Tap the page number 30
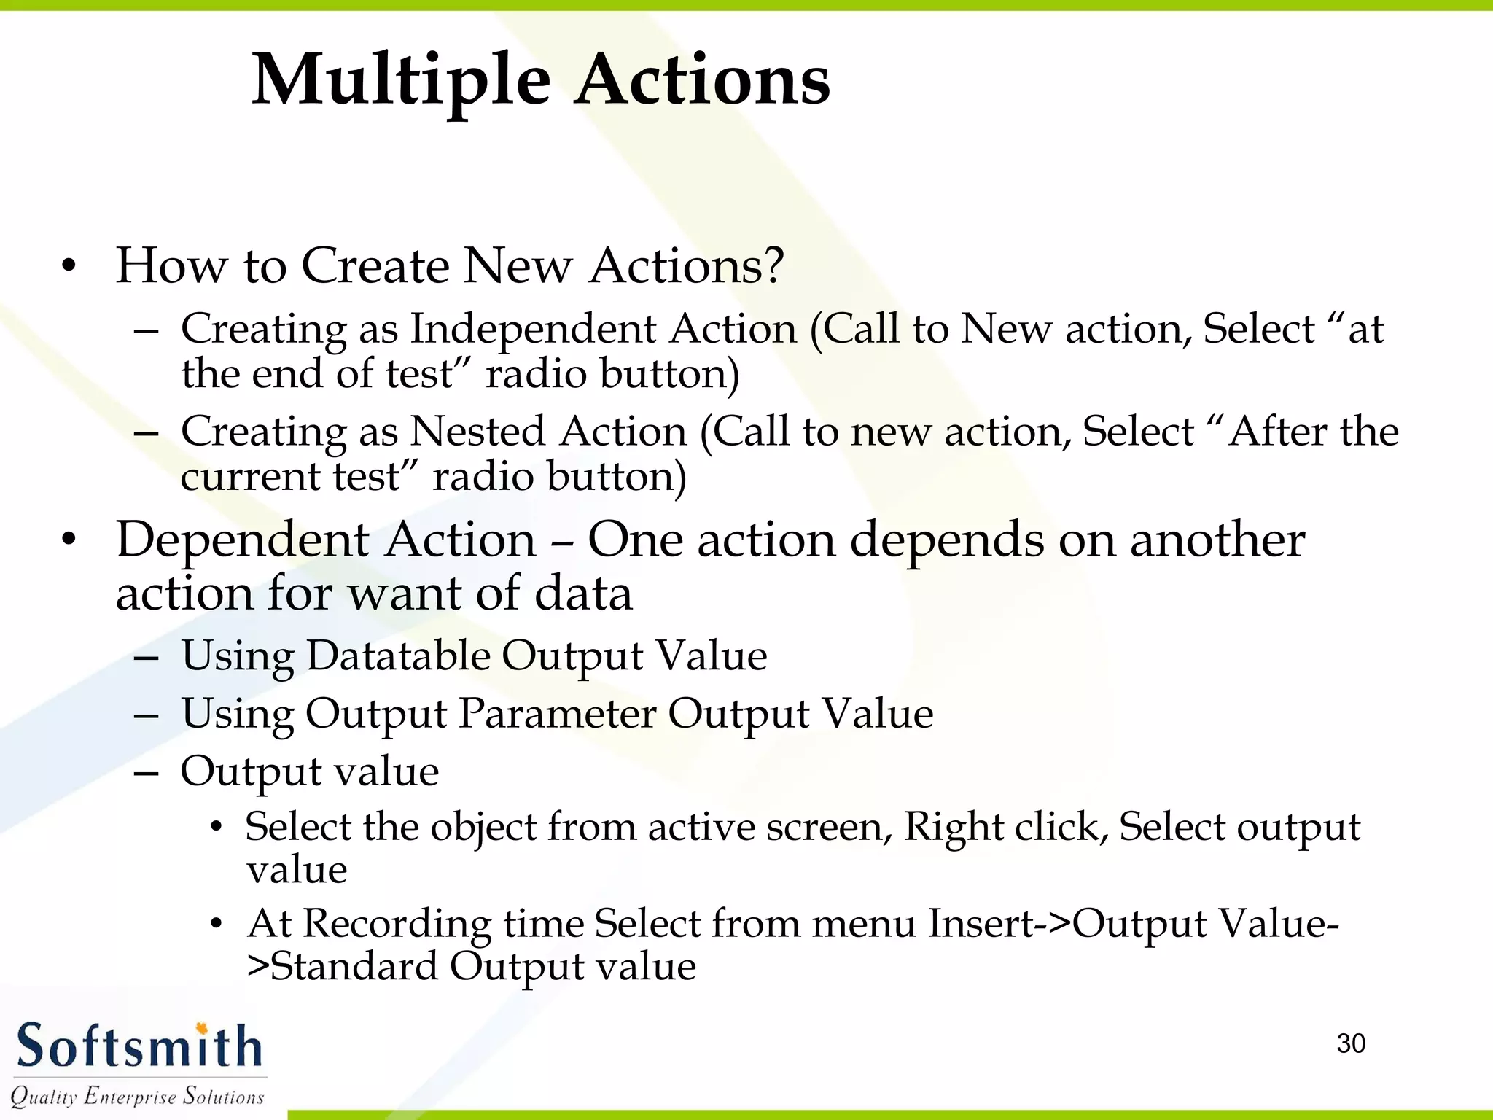[x=1351, y=1043]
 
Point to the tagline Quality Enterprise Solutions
[x=137, y=1096]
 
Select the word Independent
[x=603, y=329]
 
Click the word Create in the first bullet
[x=375, y=265]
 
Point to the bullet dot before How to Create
[x=69, y=267]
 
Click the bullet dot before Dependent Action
[x=69, y=541]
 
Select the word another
[x=1217, y=541]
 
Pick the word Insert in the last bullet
[x=981, y=924]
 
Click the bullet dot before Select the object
[x=215, y=828]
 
